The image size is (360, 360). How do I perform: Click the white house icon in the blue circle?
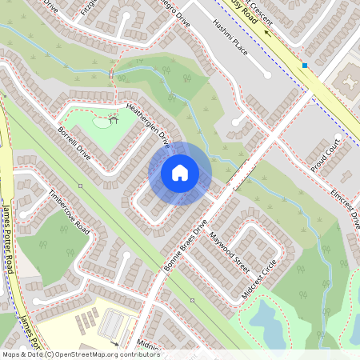click(180, 173)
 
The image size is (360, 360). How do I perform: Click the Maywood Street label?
click(230, 249)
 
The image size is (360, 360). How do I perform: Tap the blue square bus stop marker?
click(304, 65)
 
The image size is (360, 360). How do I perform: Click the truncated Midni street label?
click(148, 345)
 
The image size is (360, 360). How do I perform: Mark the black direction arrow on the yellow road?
click(267, 36)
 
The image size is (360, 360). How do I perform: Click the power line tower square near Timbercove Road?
click(81, 186)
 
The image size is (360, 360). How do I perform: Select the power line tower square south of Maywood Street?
click(192, 300)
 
